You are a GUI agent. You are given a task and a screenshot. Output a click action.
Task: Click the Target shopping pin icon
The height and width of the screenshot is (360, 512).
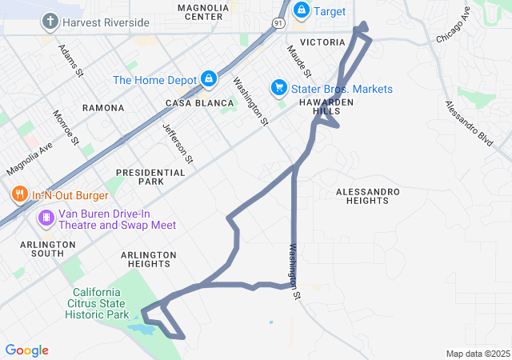(x=302, y=11)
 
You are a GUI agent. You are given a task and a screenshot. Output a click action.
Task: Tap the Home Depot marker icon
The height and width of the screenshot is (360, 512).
(x=208, y=78)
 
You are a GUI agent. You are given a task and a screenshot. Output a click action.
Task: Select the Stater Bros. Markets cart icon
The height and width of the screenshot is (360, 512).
(x=279, y=87)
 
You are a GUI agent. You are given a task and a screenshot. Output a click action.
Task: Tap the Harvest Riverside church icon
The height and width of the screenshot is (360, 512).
(x=50, y=21)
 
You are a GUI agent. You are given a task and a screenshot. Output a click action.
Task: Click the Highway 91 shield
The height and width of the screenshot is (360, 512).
(x=278, y=22)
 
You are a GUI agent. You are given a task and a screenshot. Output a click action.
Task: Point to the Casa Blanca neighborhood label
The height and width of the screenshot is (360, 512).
(x=199, y=103)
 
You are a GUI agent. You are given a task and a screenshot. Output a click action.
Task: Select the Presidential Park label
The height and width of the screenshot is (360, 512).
(x=150, y=177)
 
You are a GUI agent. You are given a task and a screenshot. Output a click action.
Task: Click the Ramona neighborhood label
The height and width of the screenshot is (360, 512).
(x=103, y=107)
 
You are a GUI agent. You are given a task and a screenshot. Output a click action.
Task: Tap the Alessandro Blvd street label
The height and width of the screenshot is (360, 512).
(x=468, y=123)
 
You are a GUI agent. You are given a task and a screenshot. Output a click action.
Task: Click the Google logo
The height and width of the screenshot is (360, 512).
(x=27, y=350)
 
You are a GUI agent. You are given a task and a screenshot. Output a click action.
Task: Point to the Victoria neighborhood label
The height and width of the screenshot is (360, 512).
(x=322, y=42)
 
